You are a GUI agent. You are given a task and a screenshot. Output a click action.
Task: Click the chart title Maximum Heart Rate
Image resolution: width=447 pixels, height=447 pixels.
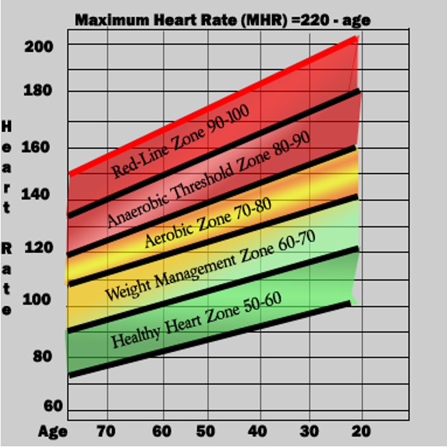click(222, 20)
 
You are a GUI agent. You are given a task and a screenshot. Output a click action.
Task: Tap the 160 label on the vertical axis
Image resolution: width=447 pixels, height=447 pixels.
click(40, 147)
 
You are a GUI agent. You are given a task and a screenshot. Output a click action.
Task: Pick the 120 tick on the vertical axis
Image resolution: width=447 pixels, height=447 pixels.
click(40, 247)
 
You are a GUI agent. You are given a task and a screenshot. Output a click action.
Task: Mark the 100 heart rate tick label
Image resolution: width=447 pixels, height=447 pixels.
click(40, 299)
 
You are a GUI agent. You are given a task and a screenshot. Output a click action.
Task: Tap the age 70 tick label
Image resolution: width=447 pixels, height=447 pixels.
click(106, 431)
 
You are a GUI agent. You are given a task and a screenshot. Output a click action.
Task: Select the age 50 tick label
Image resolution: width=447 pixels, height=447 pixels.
click(204, 431)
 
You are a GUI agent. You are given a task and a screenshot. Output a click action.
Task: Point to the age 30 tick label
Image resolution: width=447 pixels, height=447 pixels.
click(309, 431)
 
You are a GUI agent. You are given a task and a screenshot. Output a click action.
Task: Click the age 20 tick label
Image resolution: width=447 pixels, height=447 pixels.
click(361, 431)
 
